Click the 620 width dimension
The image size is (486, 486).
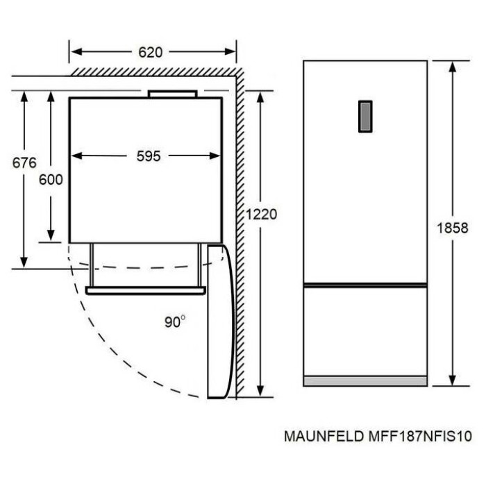click(151, 52)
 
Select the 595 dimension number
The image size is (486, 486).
click(149, 156)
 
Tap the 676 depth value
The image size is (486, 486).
click(24, 162)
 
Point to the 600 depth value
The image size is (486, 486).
click(51, 179)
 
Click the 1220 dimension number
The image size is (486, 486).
click(261, 214)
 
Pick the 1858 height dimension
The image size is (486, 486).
click(452, 228)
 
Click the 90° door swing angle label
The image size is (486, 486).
click(175, 321)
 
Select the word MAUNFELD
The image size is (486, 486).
click(324, 436)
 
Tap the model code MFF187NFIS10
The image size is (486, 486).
click(420, 436)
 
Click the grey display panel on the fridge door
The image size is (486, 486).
click(365, 117)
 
